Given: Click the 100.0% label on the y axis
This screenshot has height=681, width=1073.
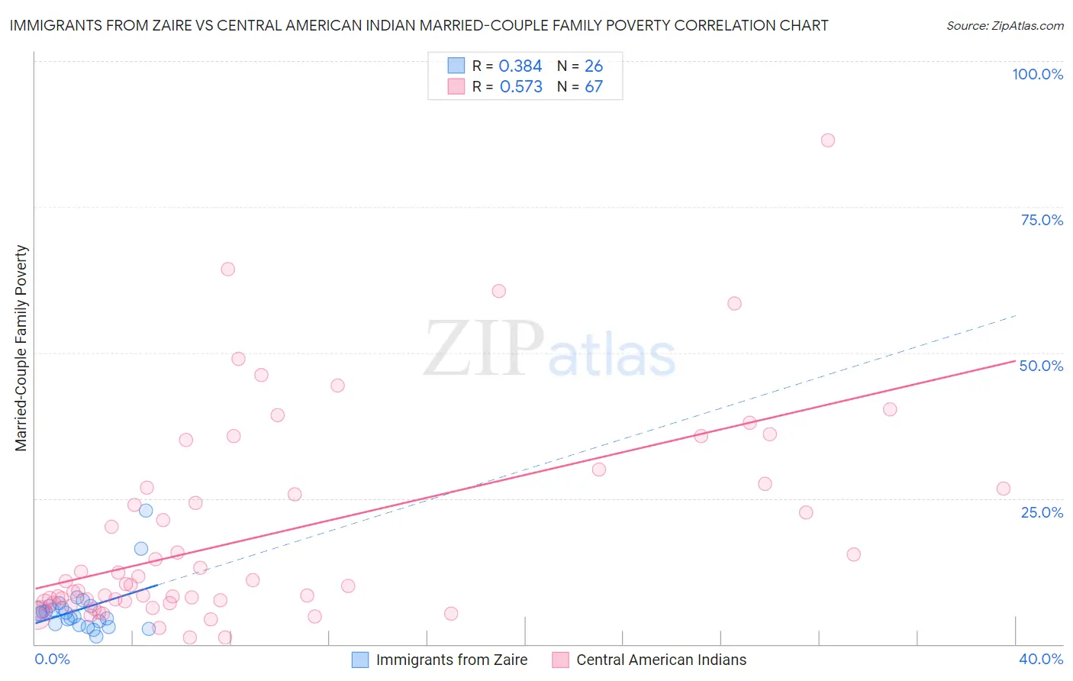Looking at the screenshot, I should pos(1037,74).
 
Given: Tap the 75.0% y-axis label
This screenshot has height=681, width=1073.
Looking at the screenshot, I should pos(1042,220).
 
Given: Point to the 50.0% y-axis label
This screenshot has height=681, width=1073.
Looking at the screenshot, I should pos(1041,366).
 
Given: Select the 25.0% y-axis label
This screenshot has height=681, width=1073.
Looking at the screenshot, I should pos(1042,512).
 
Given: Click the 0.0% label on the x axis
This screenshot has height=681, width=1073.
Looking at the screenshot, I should pos(52,659).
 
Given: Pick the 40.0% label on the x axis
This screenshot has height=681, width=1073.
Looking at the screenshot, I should pos(1041,659).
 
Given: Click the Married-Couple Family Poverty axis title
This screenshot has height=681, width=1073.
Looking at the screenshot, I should pos(21,348).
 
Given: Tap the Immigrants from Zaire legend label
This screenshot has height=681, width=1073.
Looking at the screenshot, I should pos(452,660).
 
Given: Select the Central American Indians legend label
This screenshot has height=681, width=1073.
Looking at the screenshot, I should pos(661,660).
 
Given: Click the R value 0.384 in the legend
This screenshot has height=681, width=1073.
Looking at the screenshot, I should pos(520,66).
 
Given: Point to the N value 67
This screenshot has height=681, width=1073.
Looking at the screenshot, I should pos(594,87).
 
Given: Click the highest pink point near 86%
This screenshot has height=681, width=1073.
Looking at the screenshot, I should pos(828,140).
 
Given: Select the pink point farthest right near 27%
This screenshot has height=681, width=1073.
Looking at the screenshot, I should pos(1004,489).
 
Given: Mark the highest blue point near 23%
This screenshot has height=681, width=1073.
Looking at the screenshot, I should pos(146,511).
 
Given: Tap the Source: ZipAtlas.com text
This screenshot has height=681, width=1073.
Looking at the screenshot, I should pos(1004,26).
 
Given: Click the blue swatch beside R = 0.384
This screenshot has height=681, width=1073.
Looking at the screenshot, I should pos(456,66).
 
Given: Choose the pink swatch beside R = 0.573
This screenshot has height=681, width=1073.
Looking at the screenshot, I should pos(456,86).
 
